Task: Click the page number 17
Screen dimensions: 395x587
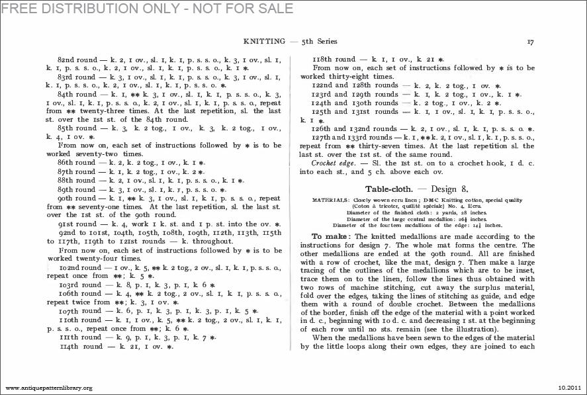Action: click(x=530, y=41)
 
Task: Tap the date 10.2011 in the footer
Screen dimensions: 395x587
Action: click(x=568, y=387)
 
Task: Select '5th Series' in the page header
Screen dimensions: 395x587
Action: click(x=321, y=41)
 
